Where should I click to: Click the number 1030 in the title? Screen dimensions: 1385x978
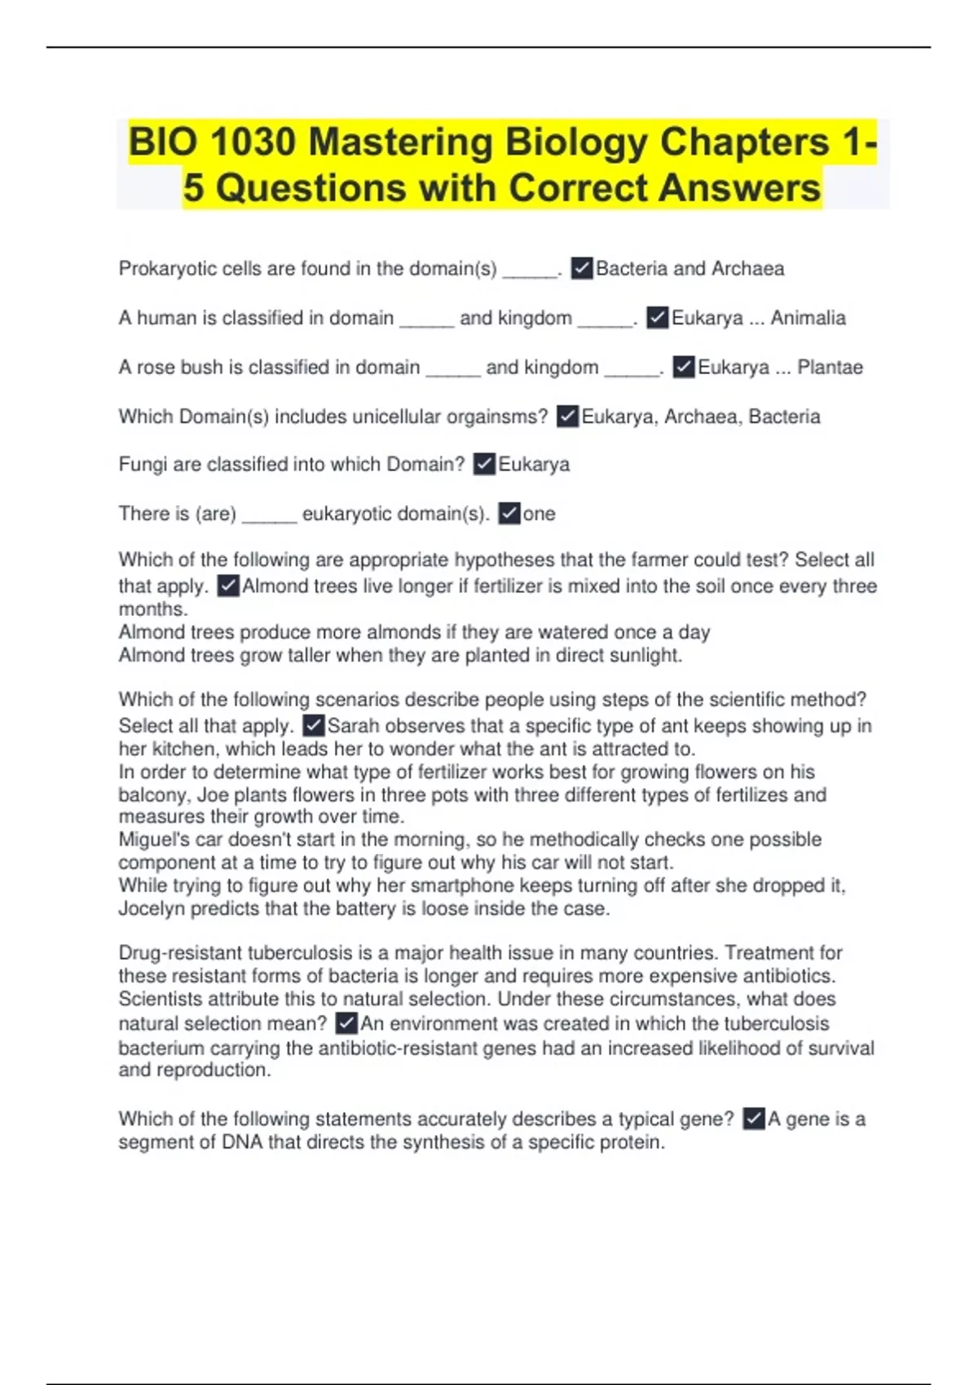pyautogui.click(x=252, y=143)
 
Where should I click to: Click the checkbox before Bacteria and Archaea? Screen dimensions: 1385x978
pyautogui.click(x=582, y=268)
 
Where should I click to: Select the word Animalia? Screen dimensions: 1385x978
pyautogui.click(x=808, y=318)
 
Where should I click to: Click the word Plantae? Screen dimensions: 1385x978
pyautogui.click(x=830, y=367)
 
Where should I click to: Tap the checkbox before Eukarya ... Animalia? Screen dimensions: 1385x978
pyautogui.click(x=657, y=318)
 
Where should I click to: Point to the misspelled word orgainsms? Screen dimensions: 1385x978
pyautogui.click(x=496, y=416)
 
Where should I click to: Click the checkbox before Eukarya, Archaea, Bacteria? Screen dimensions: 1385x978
pyautogui.click(x=567, y=416)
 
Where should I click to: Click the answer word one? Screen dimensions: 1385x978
pyautogui.click(x=539, y=514)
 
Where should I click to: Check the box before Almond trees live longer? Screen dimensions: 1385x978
pyautogui.click(x=228, y=586)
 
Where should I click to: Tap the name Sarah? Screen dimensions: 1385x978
pyautogui.click(x=353, y=726)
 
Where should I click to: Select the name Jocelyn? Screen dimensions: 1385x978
pyautogui.click(x=151, y=908)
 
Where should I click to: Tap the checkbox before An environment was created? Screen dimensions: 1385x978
pyautogui.click(x=346, y=1023)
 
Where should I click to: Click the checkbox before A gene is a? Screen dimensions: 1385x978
pyautogui.click(x=754, y=1119)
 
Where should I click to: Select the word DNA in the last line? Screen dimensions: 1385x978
pyautogui.click(x=242, y=1142)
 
